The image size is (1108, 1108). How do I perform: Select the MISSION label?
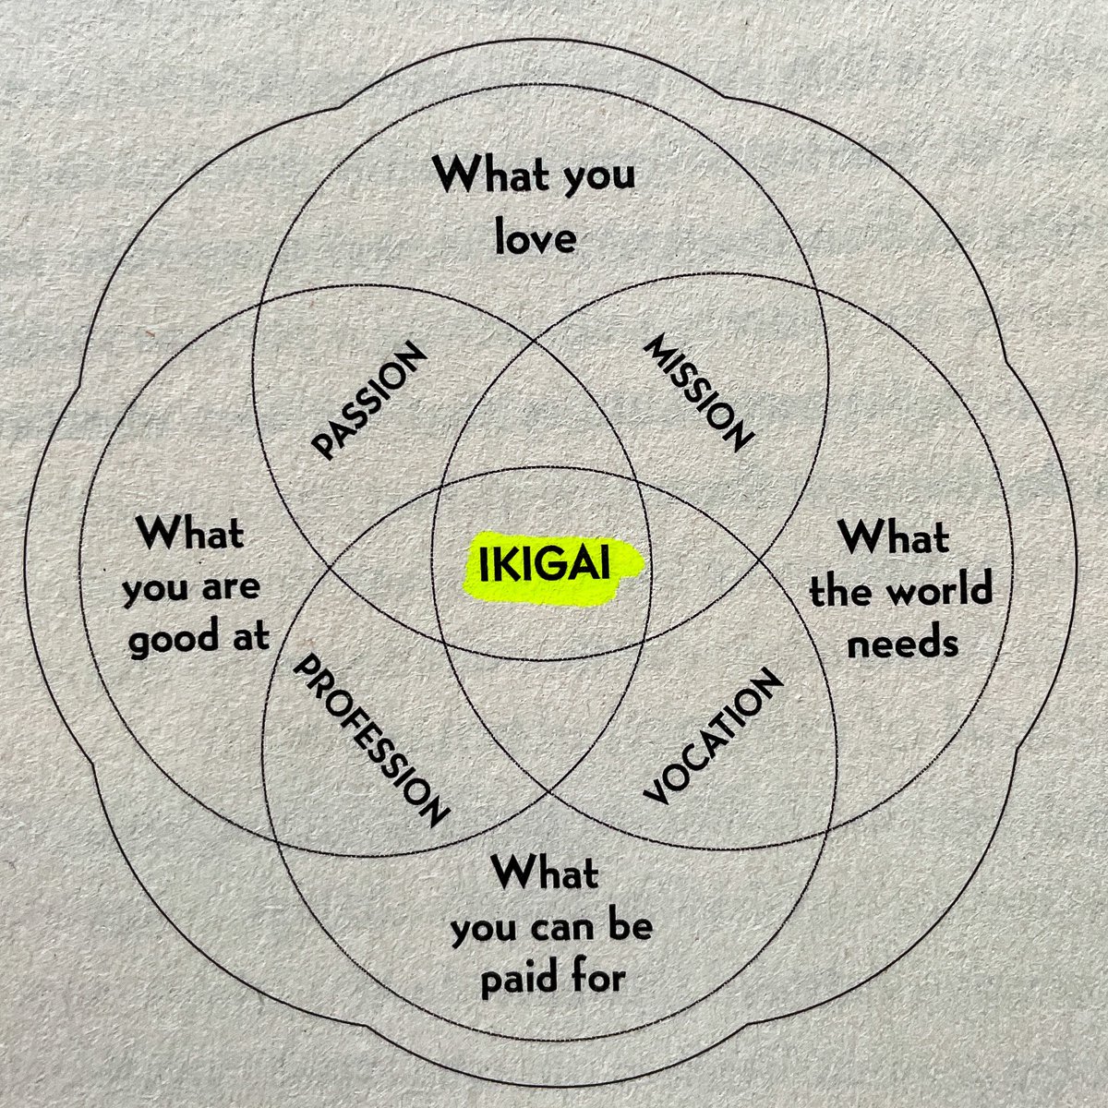click(699, 393)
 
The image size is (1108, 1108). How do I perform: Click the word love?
click(536, 237)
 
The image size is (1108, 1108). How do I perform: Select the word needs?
click(902, 642)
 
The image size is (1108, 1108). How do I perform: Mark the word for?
click(596, 976)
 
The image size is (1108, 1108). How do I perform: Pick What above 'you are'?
click(189, 534)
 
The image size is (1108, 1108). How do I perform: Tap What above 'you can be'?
click(545, 873)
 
